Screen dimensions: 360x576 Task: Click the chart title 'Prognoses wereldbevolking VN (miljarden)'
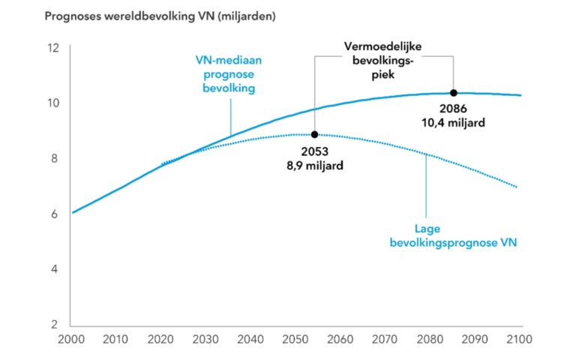pyautogui.click(x=160, y=16)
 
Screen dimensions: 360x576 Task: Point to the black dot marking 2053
pyautogui.click(x=314, y=134)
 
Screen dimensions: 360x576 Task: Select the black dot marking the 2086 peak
pyautogui.click(x=454, y=93)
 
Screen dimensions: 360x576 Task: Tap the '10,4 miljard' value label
pyautogui.click(x=454, y=122)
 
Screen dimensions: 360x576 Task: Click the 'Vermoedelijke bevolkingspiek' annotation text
pyautogui.click(x=383, y=58)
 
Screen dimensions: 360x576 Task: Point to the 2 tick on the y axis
pyautogui.click(x=55, y=325)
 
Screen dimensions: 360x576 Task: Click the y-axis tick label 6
pyautogui.click(x=55, y=214)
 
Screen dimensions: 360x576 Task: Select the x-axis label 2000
pyautogui.click(x=72, y=339)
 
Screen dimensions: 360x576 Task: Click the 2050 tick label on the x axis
pyautogui.click(x=295, y=339)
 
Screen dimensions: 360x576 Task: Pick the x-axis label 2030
pyautogui.click(x=206, y=339)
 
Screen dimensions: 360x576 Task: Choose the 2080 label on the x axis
pyautogui.click(x=430, y=339)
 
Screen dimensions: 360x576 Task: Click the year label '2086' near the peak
pyautogui.click(x=454, y=109)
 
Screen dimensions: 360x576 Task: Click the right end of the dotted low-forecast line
pyautogui.click(x=517, y=187)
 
